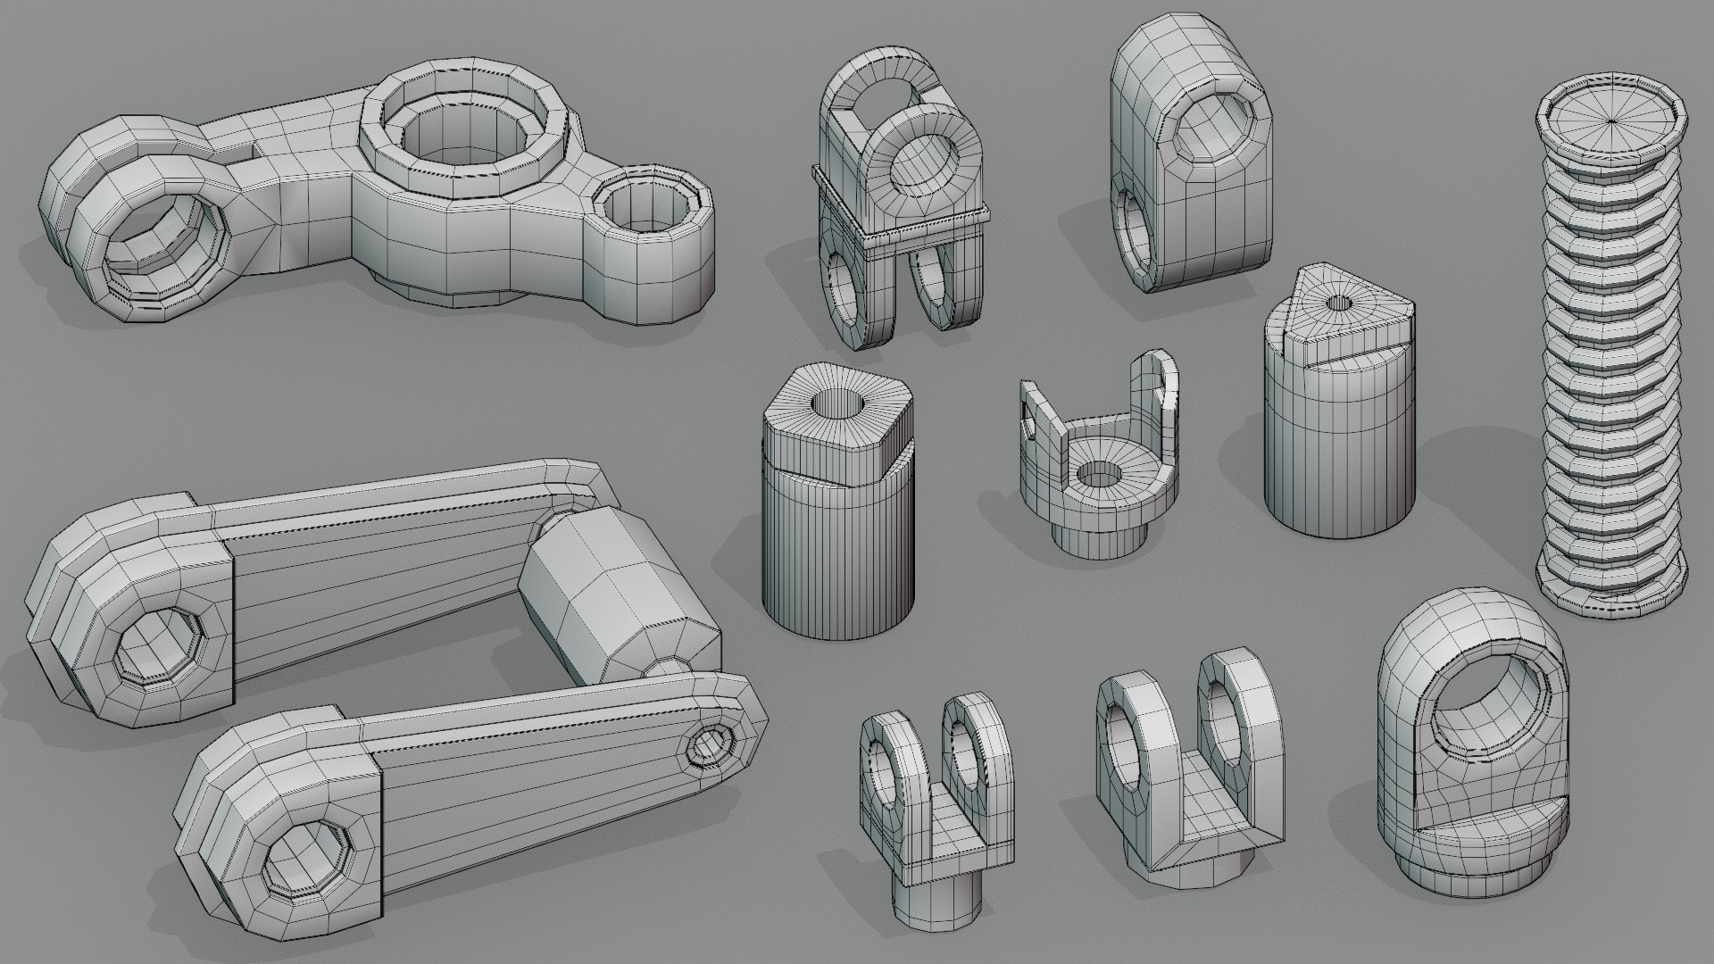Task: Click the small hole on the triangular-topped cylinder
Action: pos(1337,303)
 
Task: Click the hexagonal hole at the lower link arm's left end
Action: pos(307,843)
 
